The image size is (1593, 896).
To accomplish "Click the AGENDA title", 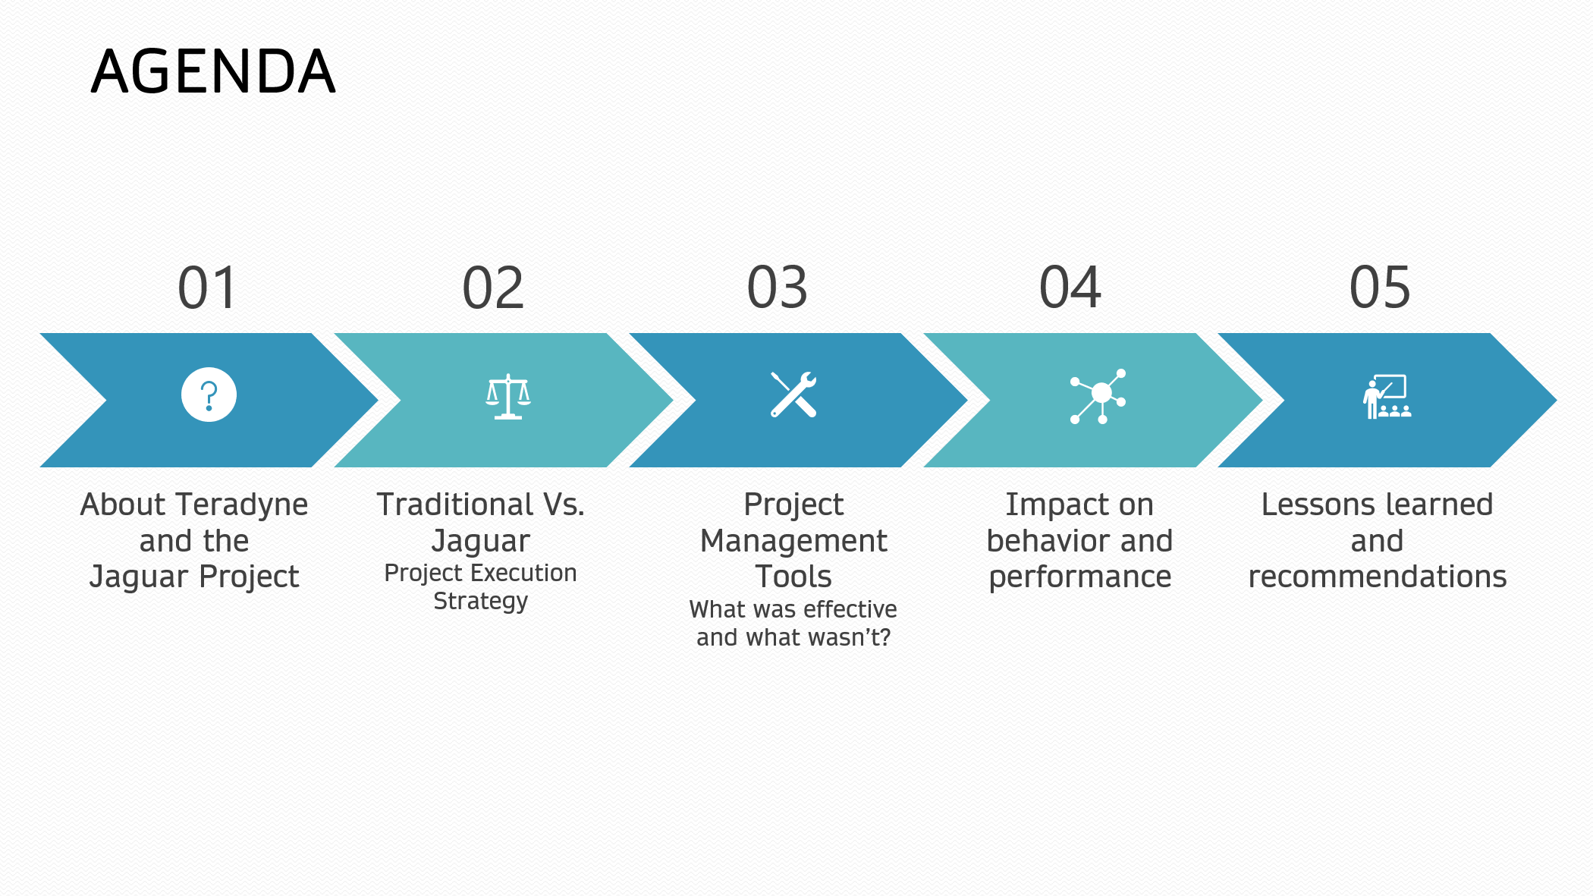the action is (x=213, y=71).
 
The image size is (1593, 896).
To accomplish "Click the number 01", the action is (x=208, y=288).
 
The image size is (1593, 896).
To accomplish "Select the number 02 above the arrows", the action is (x=493, y=288).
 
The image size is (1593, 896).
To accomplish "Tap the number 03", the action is (x=778, y=288).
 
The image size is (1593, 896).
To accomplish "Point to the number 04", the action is (x=1070, y=288).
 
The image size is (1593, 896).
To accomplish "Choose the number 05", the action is (x=1380, y=288).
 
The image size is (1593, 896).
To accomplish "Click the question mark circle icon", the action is (x=209, y=395).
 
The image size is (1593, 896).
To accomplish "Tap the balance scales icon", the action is (x=508, y=396).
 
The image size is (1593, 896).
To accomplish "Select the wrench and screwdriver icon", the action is (x=793, y=395).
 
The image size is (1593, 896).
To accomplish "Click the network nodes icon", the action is (x=1098, y=396).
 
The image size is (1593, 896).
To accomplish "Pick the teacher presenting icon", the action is (x=1387, y=396).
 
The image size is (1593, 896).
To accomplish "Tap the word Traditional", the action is (x=455, y=505).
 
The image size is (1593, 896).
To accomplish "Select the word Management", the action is (x=793, y=542).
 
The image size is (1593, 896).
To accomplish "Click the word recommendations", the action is (x=1378, y=577).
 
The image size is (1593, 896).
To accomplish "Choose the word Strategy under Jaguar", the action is (x=481, y=602).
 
